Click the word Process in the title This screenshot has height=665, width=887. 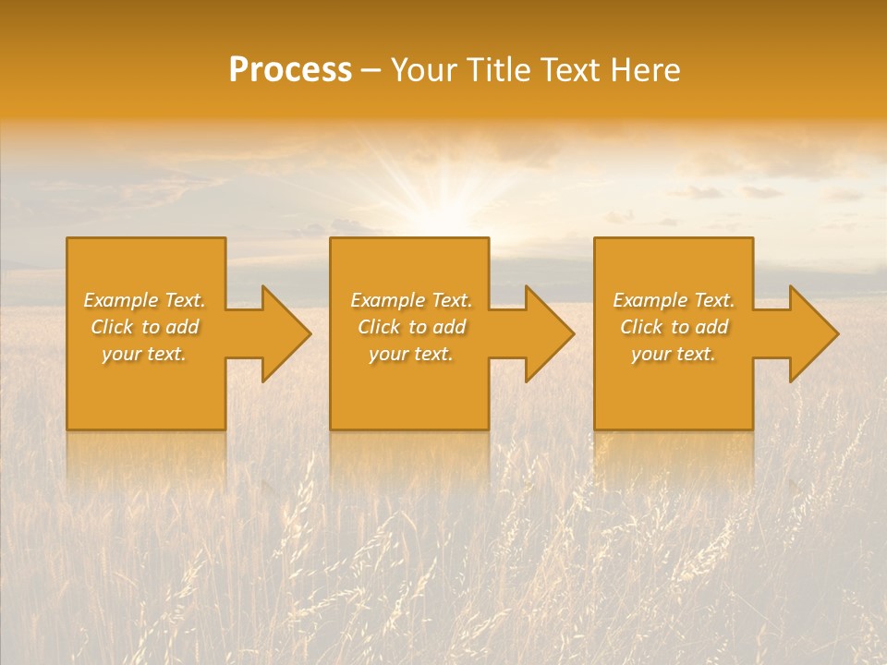(290, 70)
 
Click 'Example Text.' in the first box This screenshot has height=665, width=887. (144, 300)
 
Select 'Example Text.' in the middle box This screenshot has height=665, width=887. (411, 300)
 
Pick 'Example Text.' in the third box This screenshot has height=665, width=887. (674, 300)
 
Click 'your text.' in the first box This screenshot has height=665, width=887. (144, 354)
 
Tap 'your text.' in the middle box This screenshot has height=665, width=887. (411, 354)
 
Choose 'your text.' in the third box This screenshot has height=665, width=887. (674, 354)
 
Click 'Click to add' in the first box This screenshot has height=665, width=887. (144, 327)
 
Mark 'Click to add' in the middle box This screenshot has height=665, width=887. (411, 327)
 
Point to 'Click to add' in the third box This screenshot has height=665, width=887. (674, 327)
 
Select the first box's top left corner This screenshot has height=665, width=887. (68, 239)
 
